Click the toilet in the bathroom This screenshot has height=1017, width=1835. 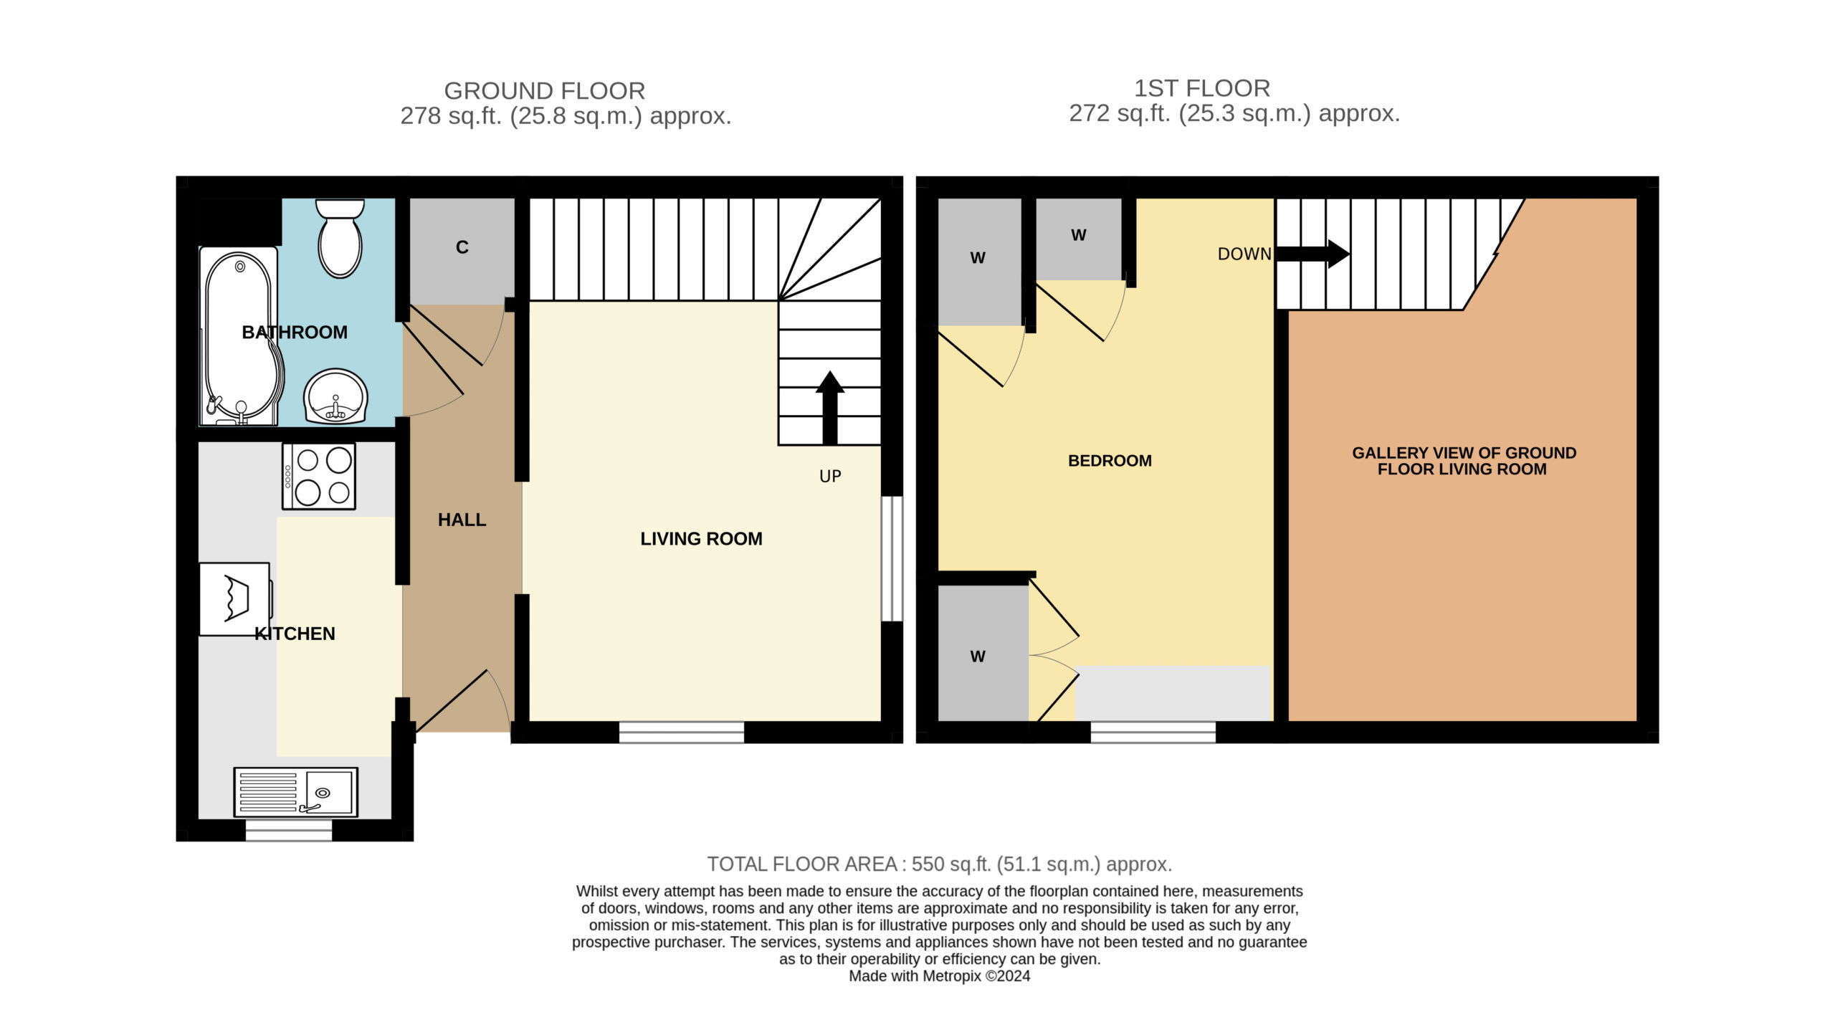pos(340,238)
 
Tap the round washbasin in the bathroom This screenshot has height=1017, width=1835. pos(335,396)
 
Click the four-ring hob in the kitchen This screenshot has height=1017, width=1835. pos(319,477)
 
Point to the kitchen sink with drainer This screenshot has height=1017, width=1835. pos(296,792)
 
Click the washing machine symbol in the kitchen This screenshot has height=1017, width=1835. pos(235,598)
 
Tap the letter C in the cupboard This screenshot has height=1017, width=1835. pos(462,247)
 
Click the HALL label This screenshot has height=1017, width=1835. pos(462,520)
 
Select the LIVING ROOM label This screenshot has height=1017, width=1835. pos(701,539)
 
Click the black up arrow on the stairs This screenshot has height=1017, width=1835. pos(830,408)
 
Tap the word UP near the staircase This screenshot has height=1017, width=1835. pos(830,477)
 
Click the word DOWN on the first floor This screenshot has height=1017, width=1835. pos(1244,254)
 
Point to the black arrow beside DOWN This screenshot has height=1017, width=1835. pos(1312,254)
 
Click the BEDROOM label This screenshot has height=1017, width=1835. pos(1110,461)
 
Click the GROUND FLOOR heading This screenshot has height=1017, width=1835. pos(545,91)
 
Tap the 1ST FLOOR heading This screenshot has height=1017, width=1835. pos(1202,88)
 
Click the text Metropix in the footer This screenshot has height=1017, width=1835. pos(952,976)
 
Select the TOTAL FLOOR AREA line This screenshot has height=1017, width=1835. pos(940,864)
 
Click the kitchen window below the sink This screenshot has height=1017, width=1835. pos(289,830)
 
